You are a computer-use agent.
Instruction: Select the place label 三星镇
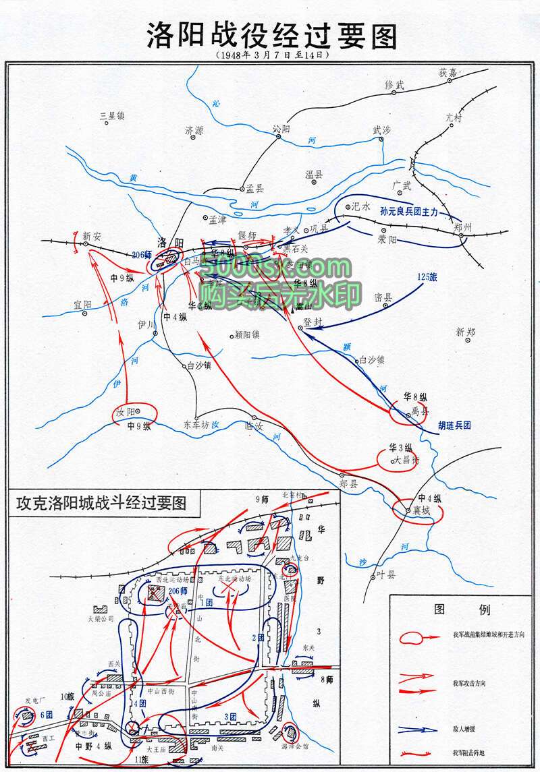tap(113, 115)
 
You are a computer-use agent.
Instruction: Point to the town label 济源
tap(194, 130)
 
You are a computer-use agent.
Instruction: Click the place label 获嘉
tap(448, 72)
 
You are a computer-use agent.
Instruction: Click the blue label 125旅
tap(428, 276)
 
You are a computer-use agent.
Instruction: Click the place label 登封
tap(315, 322)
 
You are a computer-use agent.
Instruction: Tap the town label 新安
tap(91, 236)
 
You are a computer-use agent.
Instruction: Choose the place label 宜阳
tap(84, 305)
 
